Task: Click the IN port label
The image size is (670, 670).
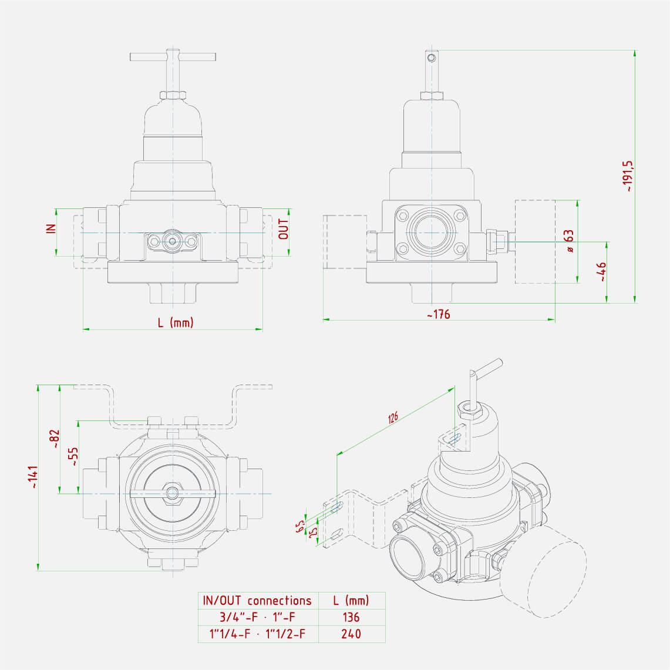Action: pos(51,228)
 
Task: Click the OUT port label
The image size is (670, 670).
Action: pos(284,229)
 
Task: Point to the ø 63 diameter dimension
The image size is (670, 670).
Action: pos(568,241)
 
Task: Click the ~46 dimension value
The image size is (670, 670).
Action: pos(601,272)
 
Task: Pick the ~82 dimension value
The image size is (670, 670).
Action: pos(54,439)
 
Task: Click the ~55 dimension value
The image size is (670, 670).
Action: pos(73,456)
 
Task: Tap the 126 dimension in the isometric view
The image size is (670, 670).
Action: pos(393,418)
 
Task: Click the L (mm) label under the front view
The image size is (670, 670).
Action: pos(175,322)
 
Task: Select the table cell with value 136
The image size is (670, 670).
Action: pos(351,617)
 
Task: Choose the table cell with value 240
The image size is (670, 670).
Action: pos(351,634)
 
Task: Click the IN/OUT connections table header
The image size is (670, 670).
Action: pos(257,601)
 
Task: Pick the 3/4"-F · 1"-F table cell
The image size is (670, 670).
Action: pos(257,617)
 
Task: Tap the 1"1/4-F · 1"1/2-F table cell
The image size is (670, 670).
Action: pos(257,634)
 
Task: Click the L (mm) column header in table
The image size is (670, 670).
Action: pos(351,601)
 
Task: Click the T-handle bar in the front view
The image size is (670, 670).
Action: pos(173,57)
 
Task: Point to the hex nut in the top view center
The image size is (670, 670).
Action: pos(172,493)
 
